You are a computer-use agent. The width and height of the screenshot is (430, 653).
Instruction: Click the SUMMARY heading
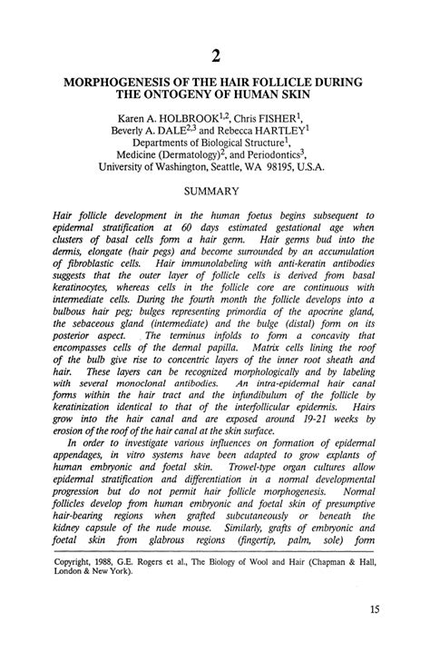[x=211, y=191]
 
